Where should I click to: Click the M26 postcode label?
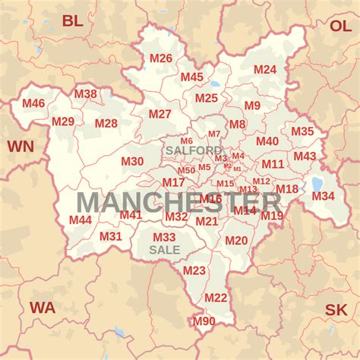(x=160, y=58)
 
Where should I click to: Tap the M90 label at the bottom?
(x=204, y=321)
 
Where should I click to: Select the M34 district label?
(x=323, y=196)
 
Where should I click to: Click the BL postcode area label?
(x=73, y=21)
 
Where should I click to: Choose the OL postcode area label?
(x=340, y=25)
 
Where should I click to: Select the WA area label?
(x=43, y=308)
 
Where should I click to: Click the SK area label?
(x=336, y=310)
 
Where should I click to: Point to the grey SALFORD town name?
(x=194, y=150)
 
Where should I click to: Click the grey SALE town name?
(x=165, y=249)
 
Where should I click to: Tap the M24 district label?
(x=265, y=69)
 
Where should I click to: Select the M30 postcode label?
(x=132, y=161)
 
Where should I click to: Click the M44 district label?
(x=81, y=219)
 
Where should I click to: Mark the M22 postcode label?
(x=216, y=298)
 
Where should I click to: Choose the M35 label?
(x=302, y=131)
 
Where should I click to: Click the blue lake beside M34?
(x=317, y=183)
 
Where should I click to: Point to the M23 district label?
(x=194, y=270)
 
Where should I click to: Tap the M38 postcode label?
(x=85, y=94)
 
